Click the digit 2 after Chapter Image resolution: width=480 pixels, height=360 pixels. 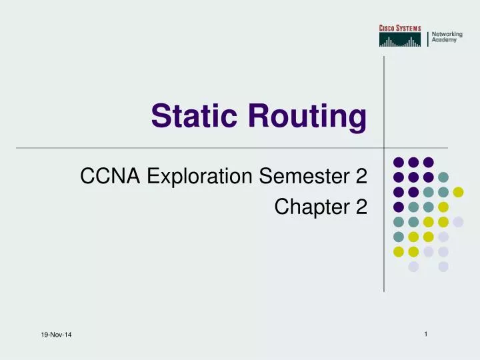(361, 207)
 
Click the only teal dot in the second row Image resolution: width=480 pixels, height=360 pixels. (443, 177)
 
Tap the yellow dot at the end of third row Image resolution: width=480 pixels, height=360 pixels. (458, 192)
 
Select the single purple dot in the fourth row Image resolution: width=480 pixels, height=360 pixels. (398, 207)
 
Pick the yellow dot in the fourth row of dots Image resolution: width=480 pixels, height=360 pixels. (443, 207)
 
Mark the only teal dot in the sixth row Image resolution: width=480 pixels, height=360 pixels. (398, 237)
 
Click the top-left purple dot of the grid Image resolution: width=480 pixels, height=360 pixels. (398, 162)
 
